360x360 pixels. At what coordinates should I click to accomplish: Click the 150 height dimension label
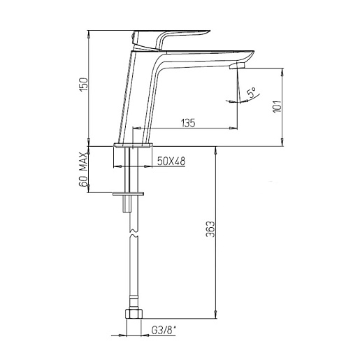click(84, 85)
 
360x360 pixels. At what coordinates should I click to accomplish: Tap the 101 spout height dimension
click(278, 107)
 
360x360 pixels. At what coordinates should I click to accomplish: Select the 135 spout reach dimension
click(188, 123)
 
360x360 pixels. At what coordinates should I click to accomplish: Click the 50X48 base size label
click(171, 161)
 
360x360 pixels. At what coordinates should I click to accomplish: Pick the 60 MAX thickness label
click(83, 169)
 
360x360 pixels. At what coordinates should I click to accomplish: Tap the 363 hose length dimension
click(210, 229)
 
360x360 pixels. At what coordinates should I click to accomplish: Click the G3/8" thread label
click(164, 330)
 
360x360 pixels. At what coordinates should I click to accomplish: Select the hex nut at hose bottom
click(134, 314)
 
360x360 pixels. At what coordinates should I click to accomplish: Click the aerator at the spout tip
click(237, 66)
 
